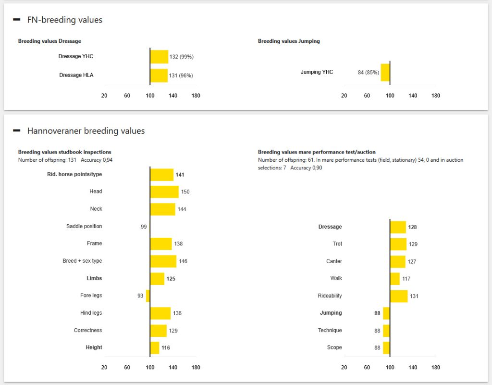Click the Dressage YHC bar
[159, 57]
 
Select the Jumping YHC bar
[385, 72]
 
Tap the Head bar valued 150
[164, 192]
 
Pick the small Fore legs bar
[148, 296]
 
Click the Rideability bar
[399, 296]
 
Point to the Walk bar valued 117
[395, 279]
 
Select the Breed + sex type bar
[163, 261]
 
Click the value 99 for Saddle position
[144, 227]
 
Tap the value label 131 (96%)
[181, 76]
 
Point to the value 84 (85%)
[369, 72]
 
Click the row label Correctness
[88, 330]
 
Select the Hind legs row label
[91, 313]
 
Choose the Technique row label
[330, 330]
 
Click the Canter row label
[334, 261]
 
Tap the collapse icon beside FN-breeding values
[17, 20]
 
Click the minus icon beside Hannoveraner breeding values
[17, 131]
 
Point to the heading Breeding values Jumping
[289, 41]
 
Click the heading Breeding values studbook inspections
[65, 152]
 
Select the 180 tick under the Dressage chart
[196, 96]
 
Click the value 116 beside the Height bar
[166, 347]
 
